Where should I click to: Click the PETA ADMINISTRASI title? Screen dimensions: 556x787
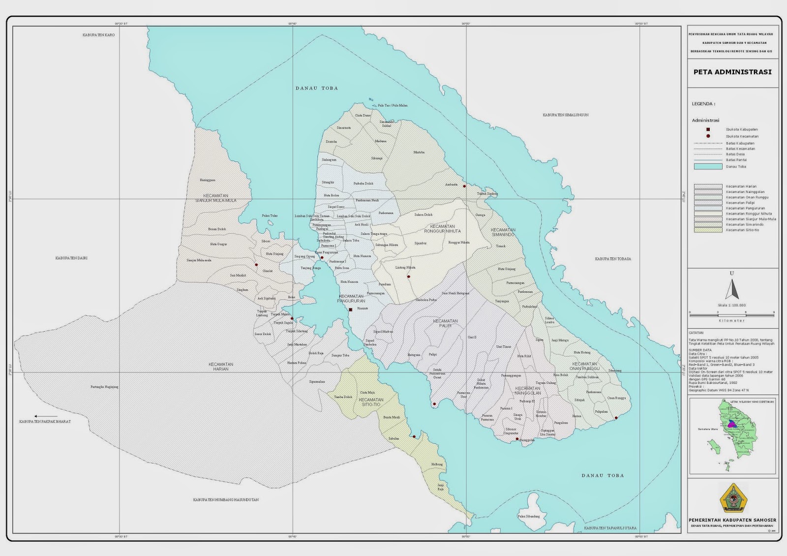tap(732, 72)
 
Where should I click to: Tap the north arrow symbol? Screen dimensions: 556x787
tap(732, 289)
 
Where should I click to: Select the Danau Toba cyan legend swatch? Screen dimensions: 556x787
tap(707, 166)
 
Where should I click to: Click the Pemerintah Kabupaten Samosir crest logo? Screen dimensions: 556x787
tap(733, 498)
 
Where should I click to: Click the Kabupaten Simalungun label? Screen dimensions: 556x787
tap(566, 115)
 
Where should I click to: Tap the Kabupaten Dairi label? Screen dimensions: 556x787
tap(71, 258)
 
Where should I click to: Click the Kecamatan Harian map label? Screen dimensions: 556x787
tap(221, 367)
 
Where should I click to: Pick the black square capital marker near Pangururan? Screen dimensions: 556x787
tap(350, 310)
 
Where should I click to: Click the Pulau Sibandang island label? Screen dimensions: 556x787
tap(528, 516)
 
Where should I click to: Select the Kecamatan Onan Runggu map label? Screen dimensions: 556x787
tap(585, 366)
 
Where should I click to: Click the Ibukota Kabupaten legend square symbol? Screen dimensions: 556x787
tap(708, 129)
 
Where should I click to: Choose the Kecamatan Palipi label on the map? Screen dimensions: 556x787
tap(445, 323)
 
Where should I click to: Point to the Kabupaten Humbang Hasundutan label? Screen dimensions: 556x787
tap(226, 499)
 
